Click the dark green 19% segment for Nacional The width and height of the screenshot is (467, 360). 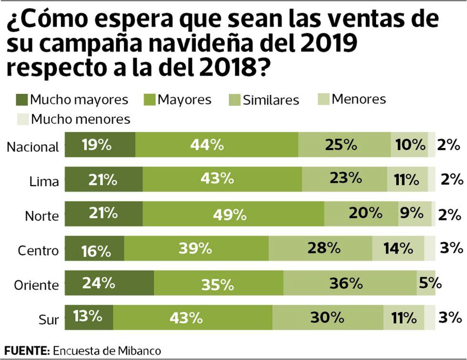[x=100, y=145]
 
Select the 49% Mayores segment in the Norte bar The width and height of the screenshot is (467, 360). [x=233, y=214]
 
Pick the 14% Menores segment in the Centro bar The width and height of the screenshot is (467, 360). [x=398, y=248]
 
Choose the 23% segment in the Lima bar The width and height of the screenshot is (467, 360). [x=344, y=179]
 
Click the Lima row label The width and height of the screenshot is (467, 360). [x=45, y=182]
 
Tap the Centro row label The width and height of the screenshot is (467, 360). [x=38, y=250]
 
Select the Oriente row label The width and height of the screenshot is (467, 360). [x=36, y=285]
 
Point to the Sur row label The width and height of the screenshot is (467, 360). [x=48, y=320]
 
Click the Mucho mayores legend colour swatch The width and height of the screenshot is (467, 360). [x=21, y=100]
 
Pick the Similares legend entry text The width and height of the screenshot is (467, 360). [x=271, y=100]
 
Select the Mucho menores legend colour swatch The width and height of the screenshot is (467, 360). [x=21, y=119]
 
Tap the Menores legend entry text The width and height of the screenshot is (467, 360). [x=359, y=99]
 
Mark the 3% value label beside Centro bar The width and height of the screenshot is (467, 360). [x=451, y=248]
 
